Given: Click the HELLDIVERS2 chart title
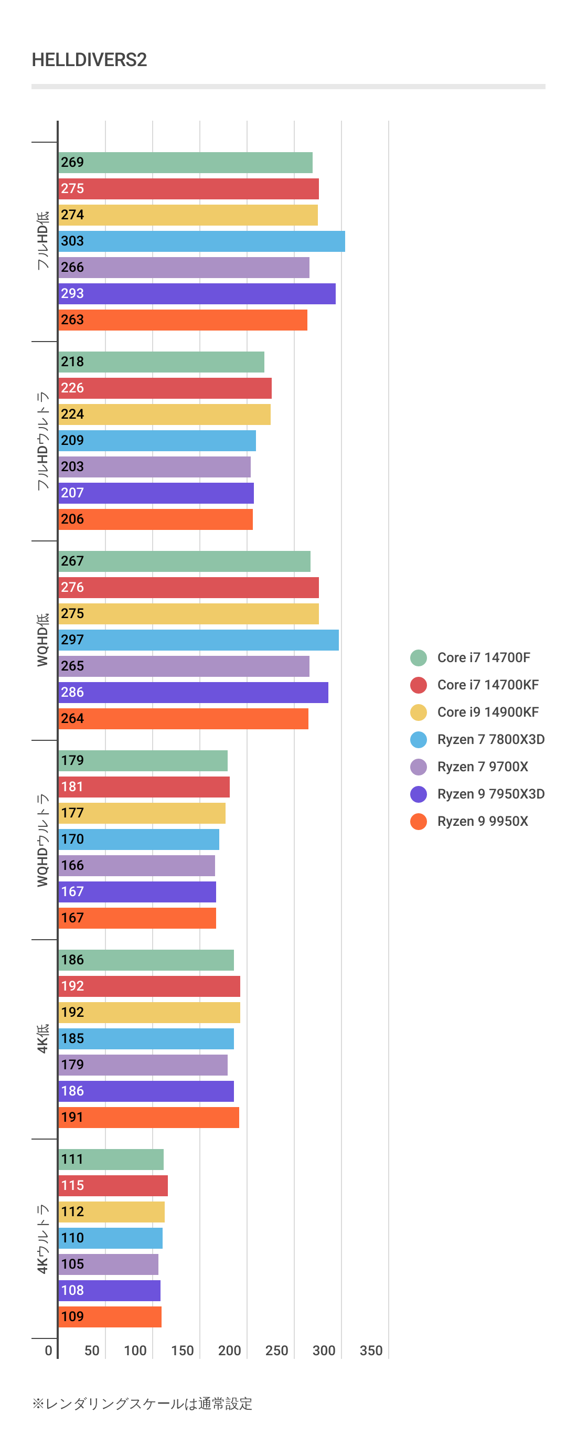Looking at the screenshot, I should (x=89, y=59).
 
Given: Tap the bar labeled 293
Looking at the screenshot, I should (x=197, y=294).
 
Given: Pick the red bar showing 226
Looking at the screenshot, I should (x=165, y=388).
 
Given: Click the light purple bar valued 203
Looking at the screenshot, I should (x=154, y=466).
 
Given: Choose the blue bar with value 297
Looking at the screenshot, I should (x=198, y=640).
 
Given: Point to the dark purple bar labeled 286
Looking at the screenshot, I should (x=193, y=692).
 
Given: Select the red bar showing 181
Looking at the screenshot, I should (x=144, y=786).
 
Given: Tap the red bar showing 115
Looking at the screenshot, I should (x=113, y=1185).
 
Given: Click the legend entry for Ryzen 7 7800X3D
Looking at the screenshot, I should (x=490, y=739).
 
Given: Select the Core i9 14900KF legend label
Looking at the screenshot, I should (x=488, y=712).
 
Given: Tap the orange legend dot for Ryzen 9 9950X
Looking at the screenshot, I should (x=418, y=821).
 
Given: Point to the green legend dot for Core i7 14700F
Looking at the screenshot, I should (x=418, y=657).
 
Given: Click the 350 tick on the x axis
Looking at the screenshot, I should (x=371, y=1351).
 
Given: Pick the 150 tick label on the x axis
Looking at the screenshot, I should (x=183, y=1351).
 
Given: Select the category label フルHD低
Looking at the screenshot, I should (x=42, y=241).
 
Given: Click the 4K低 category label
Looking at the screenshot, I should (x=42, y=1038).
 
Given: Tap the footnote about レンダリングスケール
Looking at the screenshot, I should (x=143, y=1404).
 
